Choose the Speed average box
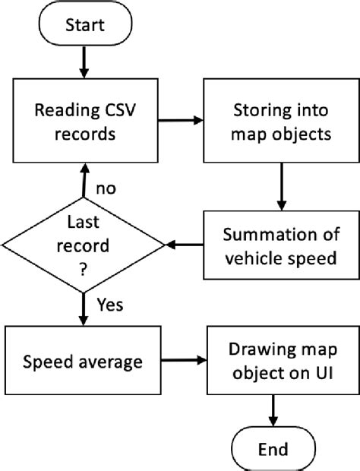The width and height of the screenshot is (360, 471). coord(82,362)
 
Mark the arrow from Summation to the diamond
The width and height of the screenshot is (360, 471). coord(185,245)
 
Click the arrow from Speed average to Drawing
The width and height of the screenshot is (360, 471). coord(182,362)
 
